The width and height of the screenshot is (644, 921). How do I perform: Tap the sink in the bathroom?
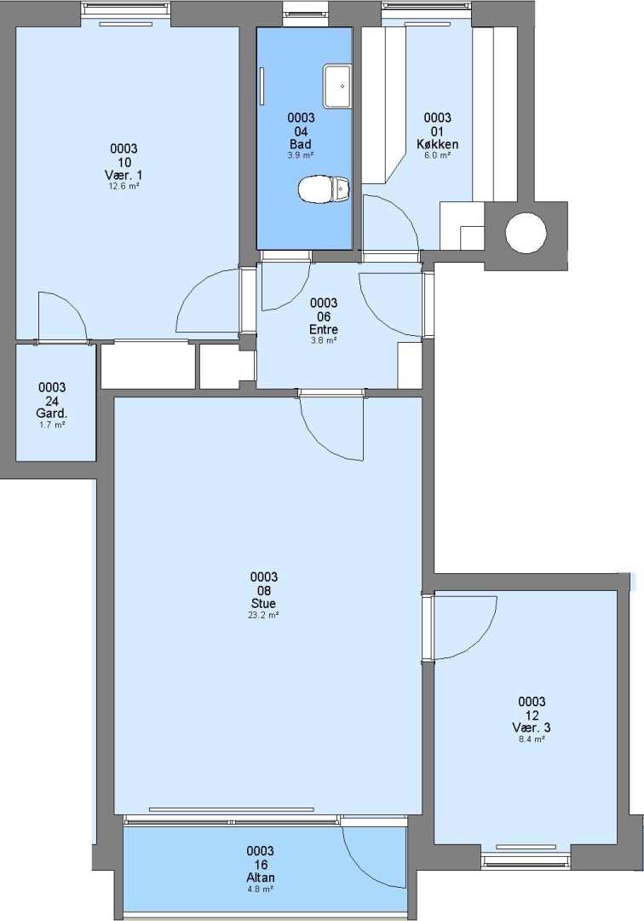click(337, 86)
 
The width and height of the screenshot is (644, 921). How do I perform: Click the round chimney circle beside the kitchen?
click(526, 233)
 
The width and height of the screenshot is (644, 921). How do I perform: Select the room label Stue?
click(263, 603)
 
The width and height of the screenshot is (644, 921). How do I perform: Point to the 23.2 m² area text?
click(263, 616)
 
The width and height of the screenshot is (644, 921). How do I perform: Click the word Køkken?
click(438, 144)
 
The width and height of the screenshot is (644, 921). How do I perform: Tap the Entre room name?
click(324, 329)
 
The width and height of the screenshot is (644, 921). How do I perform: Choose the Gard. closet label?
click(52, 414)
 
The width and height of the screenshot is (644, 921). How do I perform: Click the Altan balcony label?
click(261, 878)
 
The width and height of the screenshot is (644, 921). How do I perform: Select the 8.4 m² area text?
click(532, 739)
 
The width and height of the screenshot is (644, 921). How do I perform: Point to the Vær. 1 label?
click(124, 175)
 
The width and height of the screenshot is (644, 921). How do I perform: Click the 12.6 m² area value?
click(124, 187)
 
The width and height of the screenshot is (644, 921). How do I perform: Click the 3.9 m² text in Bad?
click(301, 156)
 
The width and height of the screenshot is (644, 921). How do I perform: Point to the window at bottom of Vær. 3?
click(526, 860)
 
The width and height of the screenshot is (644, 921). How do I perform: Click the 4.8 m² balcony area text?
click(261, 889)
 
